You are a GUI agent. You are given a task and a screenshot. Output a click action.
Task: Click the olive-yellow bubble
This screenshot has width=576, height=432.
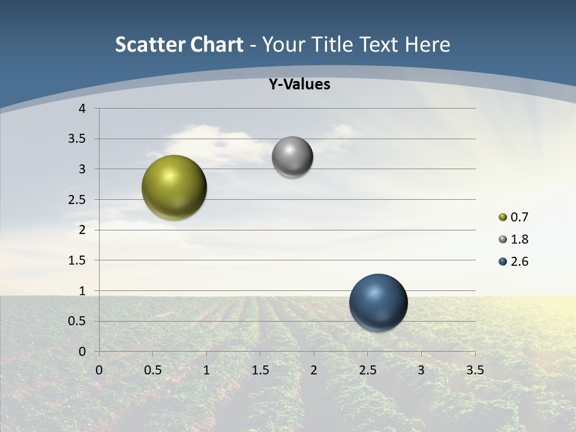pyautogui.click(x=174, y=187)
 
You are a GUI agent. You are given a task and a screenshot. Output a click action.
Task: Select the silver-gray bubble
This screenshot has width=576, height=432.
pyautogui.click(x=292, y=157)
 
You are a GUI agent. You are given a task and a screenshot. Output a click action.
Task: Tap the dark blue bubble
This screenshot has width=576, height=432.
pyautogui.click(x=378, y=302)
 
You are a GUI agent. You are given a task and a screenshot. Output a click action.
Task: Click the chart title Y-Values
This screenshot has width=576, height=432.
pyautogui.click(x=299, y=85)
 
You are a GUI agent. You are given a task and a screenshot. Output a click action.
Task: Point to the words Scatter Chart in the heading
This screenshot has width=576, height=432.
pyautogui.click(x=179, y=44)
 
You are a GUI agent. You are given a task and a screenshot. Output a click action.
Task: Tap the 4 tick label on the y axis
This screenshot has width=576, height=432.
pyautogui.click(x=82, y=109)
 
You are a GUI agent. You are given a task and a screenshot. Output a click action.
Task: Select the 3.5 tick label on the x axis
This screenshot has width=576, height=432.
pyautogui.click(x=475, y=370)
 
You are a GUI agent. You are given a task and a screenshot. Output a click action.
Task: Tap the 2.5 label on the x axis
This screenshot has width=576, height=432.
pyautogui.click(x=367, y=370)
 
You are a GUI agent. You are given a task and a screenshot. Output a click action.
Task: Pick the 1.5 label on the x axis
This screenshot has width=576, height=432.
pyautogui.click(x=260, y=370)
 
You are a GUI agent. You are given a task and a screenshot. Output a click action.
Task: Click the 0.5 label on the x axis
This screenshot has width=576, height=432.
pyautogui.click(x=152, y=370)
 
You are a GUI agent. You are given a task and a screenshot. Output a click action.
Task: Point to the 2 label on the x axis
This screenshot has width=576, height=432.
pyautogui.click(x=314, y=370)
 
